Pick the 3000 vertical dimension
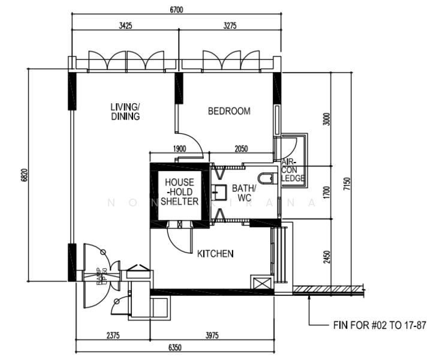coord(326,119)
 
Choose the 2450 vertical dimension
coord(326,256)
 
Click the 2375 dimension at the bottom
coord(112,336)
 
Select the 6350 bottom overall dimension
coord(175,347)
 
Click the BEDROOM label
coord(229,111)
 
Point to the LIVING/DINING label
coord(125,112)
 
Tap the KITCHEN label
coord(215,254)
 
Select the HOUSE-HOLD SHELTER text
coord(179,191)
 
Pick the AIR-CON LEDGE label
coord(293,170)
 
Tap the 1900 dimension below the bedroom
coord(179,149)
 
